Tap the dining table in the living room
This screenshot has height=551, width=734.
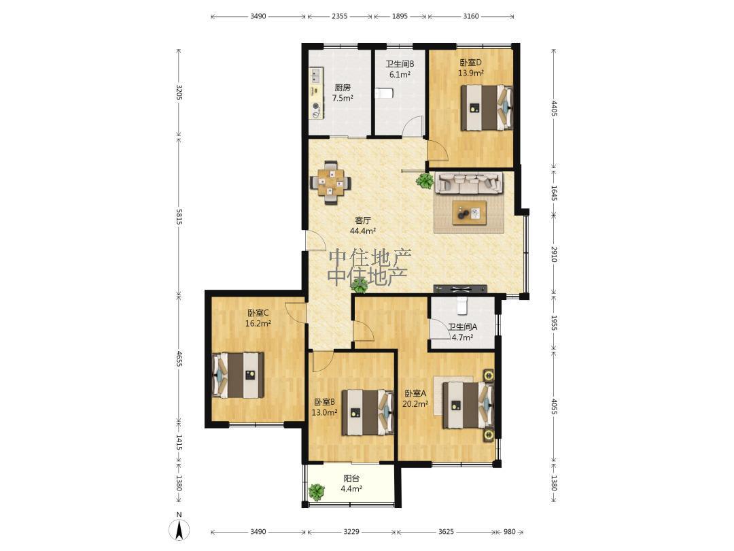tap(331, 183)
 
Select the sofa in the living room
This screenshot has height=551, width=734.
tap(468, 183)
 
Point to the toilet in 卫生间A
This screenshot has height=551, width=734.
tap(463, 305)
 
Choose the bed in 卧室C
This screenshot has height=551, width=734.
tap(239, 375)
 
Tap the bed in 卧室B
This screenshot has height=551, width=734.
tap(368, 412)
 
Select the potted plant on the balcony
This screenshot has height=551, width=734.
tap(317, 492)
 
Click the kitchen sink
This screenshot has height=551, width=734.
tap(315, 75)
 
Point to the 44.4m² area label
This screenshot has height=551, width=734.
tap(363, 231)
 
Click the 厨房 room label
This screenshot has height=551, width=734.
tap(343, 88)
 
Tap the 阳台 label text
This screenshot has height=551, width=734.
tap(351, 478)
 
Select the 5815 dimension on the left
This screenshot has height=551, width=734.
tap(179, 217)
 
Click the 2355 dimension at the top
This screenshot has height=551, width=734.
tap(339, 16)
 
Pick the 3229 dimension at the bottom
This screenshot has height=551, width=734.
tap(351, 532)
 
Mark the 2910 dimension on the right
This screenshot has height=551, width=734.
tap(553, 254)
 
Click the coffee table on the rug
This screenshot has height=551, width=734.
tap(469, 213)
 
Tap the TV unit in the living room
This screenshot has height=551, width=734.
tap(460, 289)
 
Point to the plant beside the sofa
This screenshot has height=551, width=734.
tap(425, 181)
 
